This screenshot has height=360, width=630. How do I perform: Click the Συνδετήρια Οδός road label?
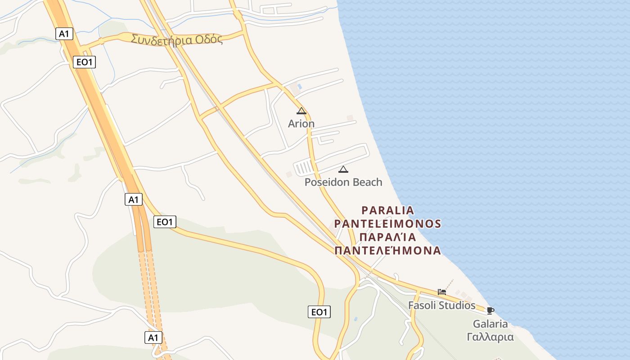pos(177,39)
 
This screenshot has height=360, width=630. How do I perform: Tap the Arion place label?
pos(301,124)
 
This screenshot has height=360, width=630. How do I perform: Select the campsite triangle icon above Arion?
pos(301,111)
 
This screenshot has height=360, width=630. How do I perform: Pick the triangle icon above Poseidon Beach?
pos(343,170)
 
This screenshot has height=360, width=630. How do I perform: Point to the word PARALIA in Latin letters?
pos(388,210)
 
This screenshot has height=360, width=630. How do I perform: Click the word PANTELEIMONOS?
pos(388,224)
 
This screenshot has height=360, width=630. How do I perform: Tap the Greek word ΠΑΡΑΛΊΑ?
pos(388,237)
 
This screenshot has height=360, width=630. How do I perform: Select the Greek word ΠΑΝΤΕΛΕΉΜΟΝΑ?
pos(388,250)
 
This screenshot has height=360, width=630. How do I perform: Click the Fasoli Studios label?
pos(441,306)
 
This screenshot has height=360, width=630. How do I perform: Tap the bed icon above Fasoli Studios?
pos(442,292)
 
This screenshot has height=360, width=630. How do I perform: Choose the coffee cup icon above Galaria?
pos(490,310)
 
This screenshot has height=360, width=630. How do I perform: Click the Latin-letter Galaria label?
pos(490,324)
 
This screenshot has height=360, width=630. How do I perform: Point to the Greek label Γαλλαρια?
pos(490,337)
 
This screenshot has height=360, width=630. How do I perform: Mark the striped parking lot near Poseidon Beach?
pos(303,168)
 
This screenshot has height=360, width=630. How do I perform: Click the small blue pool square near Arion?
pos(299,86)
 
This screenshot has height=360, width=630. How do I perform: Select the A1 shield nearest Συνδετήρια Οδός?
pos(65,33)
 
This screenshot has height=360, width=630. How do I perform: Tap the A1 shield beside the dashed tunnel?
pos(153,337)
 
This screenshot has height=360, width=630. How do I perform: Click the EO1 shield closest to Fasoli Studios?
pos(319,312)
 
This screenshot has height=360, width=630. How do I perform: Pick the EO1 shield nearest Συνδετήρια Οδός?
pos(85,62)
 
